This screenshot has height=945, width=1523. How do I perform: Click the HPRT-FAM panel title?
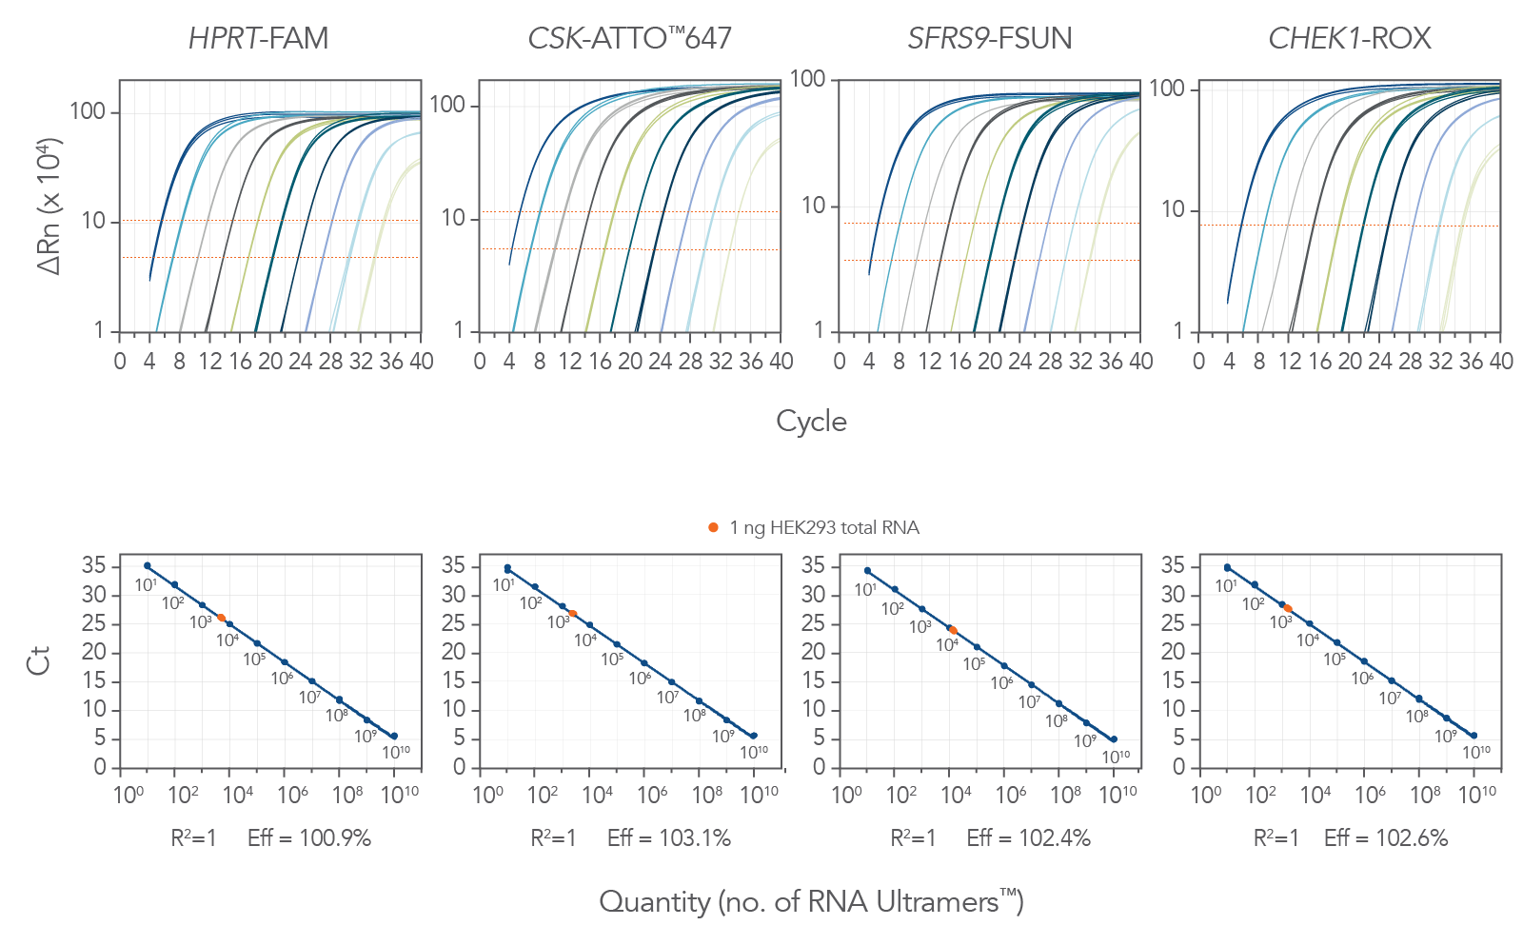(x=258, y=38)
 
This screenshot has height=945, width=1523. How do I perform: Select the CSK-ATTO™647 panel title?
(x=629, y=38)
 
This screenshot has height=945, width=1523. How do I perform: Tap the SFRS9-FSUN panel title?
(x=989, y=38)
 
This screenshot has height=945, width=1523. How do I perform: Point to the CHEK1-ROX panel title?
(x=1349, y=38)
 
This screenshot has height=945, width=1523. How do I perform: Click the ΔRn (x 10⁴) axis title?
(x=49, y=207)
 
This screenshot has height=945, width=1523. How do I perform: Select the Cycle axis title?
(x=811, y=421)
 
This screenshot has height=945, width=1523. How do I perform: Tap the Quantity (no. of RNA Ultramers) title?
(x=811, y=901)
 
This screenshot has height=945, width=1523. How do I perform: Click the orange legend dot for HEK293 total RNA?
(x=713, y=527)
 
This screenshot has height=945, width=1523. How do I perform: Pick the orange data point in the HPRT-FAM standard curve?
(x=222, y=618)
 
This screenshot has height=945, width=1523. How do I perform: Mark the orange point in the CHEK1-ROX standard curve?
(x=1288, y=608)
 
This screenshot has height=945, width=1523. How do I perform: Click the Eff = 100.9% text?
(x=309, y=837)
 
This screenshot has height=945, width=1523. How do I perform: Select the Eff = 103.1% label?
(x=669, y=837)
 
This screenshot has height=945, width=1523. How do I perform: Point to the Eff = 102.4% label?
(x=1028, y=837)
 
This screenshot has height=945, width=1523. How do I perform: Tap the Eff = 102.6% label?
(x=1386, y=837)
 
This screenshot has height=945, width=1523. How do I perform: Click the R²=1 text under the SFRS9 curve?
(x=913, y=837)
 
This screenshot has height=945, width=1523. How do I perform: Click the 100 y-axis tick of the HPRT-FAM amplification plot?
(x=88, y=111)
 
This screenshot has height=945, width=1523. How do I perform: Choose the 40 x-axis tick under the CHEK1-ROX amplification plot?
(x=1500, y=362)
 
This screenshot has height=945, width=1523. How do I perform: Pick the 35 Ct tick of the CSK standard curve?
(x=453, y=566)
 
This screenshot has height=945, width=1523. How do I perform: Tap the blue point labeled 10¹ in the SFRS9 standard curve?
(x=867, y=571)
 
